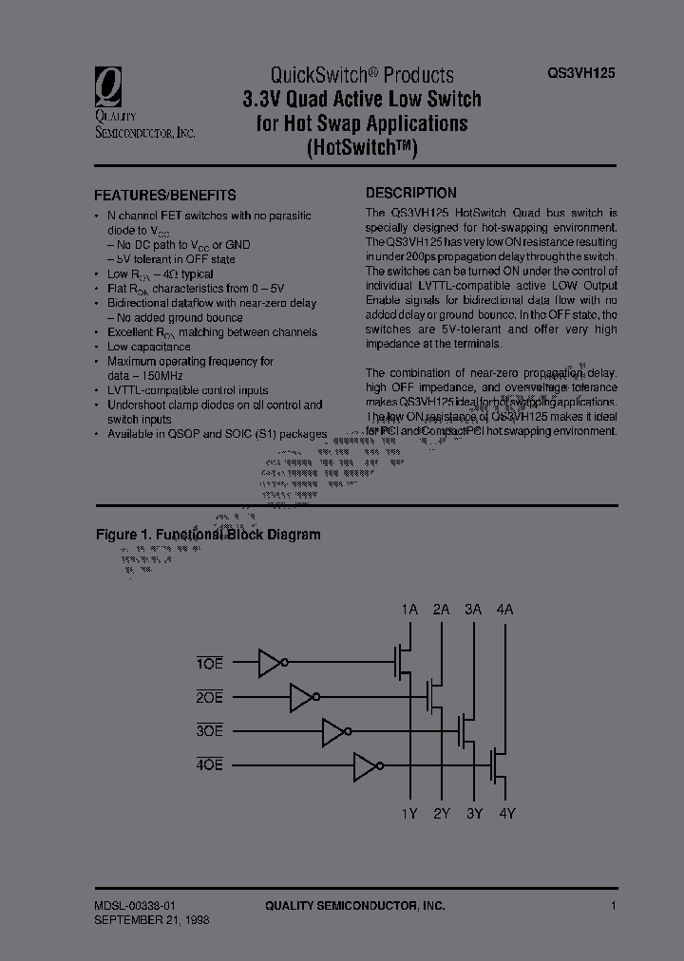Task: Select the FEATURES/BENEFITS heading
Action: [x=164, y=195]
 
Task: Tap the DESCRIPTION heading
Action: [x=411, y=192]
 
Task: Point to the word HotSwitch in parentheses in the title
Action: [x=363, y=147]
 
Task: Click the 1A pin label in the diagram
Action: [x=409, y=610]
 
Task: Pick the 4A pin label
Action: [x=503, y=610]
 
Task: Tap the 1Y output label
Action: [x=409, y=813]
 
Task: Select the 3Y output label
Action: [x=473, y=813]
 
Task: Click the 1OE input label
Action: [x=209, y=664]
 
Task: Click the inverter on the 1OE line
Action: [x=272, y=663]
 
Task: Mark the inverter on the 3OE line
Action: [x=335, y=731]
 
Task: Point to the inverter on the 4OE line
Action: [x=367, y=765]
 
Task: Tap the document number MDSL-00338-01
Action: [x=141, y=906]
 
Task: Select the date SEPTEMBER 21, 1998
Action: [x=152, y=920]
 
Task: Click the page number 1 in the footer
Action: [x=614, y=906]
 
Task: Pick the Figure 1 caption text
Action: [x=208, y=535]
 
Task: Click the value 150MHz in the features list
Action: [x=157, y=375]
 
